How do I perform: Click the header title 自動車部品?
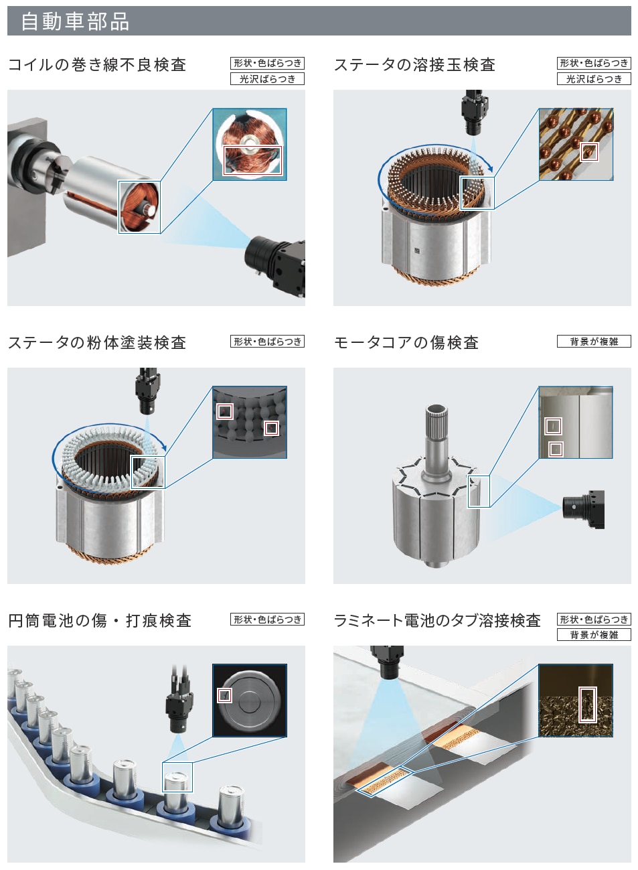click(75, 21)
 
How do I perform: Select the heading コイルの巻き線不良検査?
click(97, 64)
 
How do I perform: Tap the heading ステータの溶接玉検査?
click(414, 64)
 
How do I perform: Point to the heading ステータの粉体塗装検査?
click(97, 342)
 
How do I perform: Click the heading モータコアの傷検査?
click(406, 342)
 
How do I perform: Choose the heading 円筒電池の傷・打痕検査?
click(100, 620)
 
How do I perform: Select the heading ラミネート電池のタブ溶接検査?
click(437, 620)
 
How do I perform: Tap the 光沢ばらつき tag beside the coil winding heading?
click(267, 79)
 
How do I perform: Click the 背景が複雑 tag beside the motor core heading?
click(594, 342)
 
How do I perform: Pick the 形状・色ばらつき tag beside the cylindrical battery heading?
click(267, 619)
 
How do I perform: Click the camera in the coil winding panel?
click(276, 264)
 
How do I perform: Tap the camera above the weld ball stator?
click(474, 113)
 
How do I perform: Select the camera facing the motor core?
click(583, 509)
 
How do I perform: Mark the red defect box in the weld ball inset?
click(589, 152)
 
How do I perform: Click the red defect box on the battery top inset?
click(224, 696)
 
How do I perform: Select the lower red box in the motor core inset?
click(556, 449)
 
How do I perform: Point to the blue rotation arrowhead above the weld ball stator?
click(490, 168)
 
